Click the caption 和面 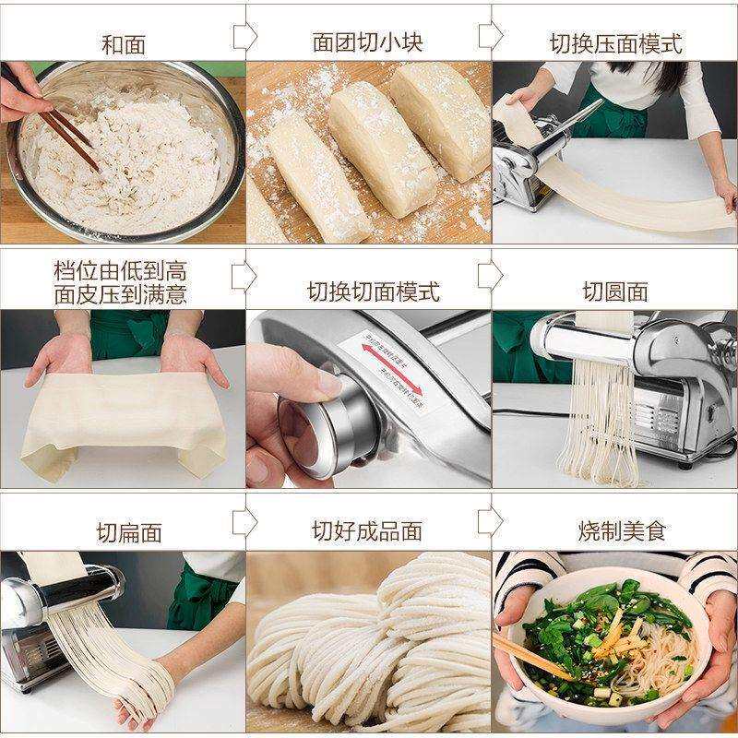122,44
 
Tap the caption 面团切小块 367,43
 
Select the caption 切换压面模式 615,43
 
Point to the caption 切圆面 615,292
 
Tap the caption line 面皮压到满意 122,294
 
